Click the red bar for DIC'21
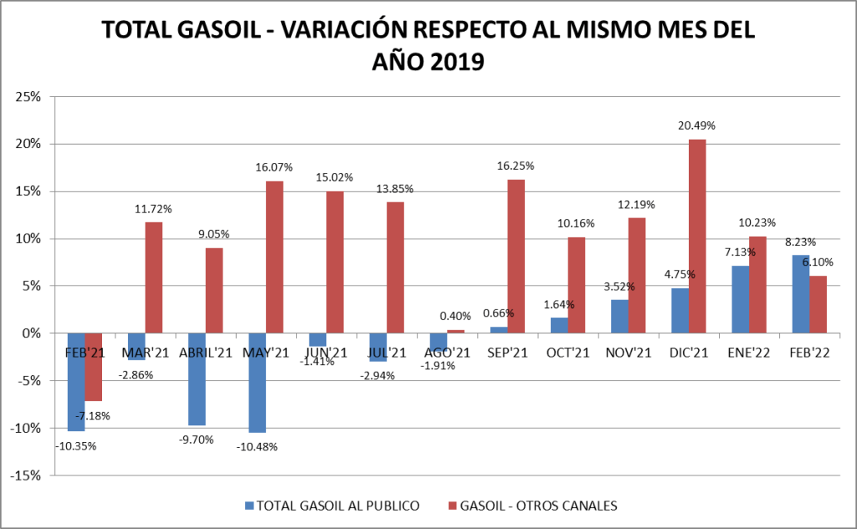point(697,236)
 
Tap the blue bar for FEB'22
point(800,294)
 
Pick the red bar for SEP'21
point(516,256)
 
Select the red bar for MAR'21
point(154,277)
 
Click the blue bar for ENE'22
point(740,299)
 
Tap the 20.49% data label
point(696,126)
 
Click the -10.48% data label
point(256,446)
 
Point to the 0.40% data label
point(455,316)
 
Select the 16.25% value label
point(516,166)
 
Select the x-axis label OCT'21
point(566,353)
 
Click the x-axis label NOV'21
point(627,353)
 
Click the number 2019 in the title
point(454,62)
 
